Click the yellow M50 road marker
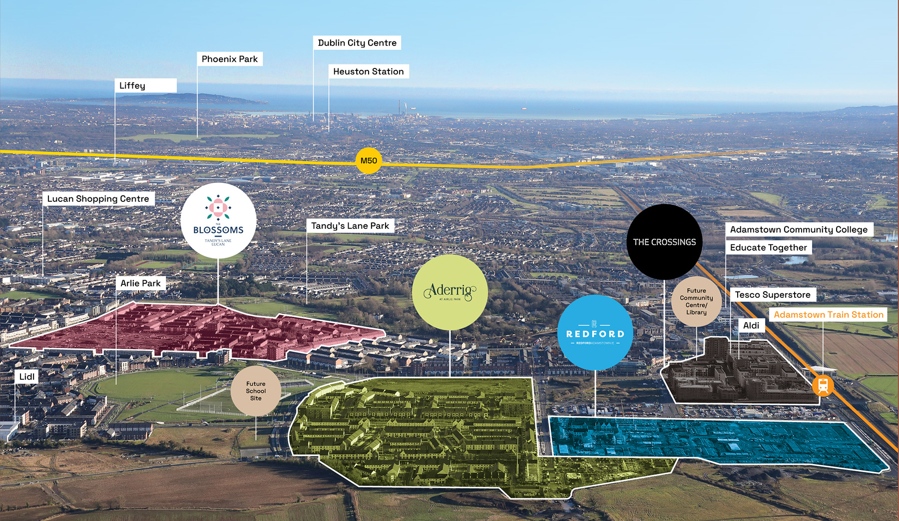click(369, 161)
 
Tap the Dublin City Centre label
click(357, 43)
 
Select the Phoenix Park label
click(230, 59)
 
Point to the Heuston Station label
click(369, 71)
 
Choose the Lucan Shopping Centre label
click(98, 199)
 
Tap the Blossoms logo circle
click(218, 220)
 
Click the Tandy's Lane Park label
click(350, 226)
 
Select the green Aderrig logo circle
click(449, 292)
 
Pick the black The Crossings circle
click(664, 242)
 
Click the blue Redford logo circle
click(595, 333)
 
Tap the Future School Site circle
click(256, 391)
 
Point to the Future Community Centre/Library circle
click(696, 301)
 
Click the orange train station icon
click(823, 386)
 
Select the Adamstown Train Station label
click(829, 315)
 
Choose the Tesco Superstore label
click(773, 295)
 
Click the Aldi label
click(751, 326)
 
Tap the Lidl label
click(27, 377)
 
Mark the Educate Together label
click(768, 248)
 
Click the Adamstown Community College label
click(799, 230)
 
